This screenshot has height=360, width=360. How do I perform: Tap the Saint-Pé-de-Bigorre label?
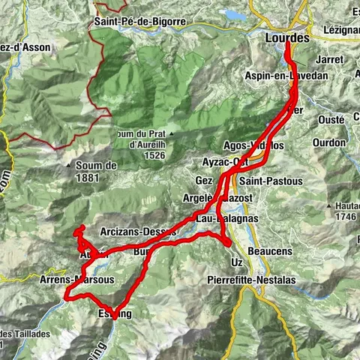click(140, 22)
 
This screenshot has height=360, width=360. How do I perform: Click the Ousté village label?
click(327, 118)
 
